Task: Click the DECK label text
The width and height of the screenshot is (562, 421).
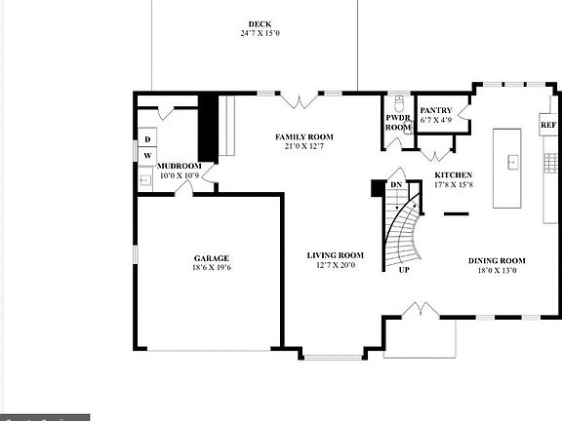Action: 259,23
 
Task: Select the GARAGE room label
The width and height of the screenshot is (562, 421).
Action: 211,258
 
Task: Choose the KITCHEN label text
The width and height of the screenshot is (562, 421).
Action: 453,175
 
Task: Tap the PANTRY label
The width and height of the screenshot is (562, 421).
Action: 435,110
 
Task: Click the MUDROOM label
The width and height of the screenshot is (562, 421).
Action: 179,167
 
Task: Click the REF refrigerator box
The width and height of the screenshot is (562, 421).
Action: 548,126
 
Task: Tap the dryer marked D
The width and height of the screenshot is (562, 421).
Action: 148,139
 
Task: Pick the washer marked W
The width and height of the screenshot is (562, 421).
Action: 148,156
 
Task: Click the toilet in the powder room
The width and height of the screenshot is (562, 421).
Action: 399,102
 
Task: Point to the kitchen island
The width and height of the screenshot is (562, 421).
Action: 509,167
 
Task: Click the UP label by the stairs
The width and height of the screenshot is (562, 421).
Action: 404,270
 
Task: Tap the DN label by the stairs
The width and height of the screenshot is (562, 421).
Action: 396,185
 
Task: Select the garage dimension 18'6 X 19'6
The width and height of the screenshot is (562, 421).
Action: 211,268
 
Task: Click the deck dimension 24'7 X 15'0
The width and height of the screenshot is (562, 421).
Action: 259,34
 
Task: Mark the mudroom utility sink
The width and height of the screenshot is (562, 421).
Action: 144,178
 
